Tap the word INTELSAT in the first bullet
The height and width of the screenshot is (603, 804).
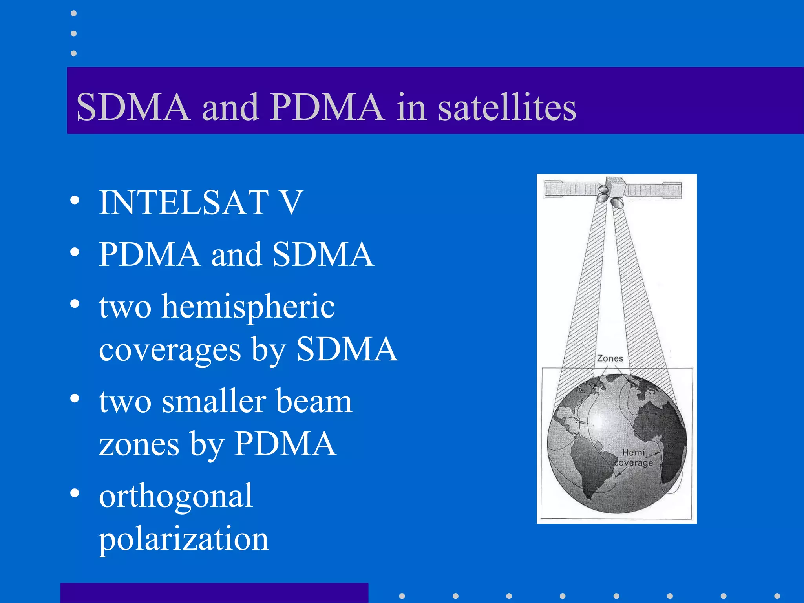pyautogui.click(x=184, y=203)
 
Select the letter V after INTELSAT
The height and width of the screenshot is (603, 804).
pyautogui.click(x=290, y=203)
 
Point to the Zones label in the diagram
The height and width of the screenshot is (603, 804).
pyautogui.click(x=610, y=358)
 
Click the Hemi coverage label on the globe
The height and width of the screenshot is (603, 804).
pyautogui.click(x=633, y=458)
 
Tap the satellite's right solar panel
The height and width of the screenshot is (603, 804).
pyautogui.click(x=654, y=190)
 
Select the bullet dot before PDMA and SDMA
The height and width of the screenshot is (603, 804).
pyautogui.click(x=75, y=252)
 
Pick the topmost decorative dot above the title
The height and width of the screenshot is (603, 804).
pyautogui.click(x=74, y=14)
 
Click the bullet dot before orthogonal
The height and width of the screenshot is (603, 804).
pyautogui.click(x=75, y=493)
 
